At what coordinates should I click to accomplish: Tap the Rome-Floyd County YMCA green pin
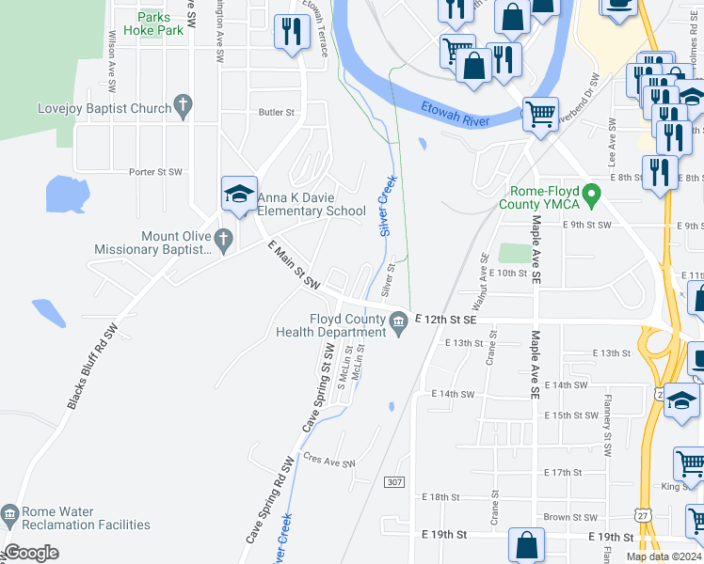tap(592, 196)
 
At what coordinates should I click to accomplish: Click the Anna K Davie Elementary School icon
tap(239, 195)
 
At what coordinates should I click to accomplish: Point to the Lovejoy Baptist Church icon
tap(184, 109)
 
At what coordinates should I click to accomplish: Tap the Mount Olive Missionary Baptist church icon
tap(224, 243)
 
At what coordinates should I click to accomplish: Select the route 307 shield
tap(395, 482)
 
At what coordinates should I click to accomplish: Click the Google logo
tap(32, 553)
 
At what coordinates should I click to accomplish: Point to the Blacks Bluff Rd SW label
tap(91, 367)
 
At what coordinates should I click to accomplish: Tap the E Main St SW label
tap(294, 265)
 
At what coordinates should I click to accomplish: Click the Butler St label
tap(277, 112)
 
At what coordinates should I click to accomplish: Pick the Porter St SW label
tap(155, 172)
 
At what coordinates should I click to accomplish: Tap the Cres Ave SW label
tap(328, 461)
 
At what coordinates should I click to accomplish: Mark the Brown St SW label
tap(570, 517)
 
